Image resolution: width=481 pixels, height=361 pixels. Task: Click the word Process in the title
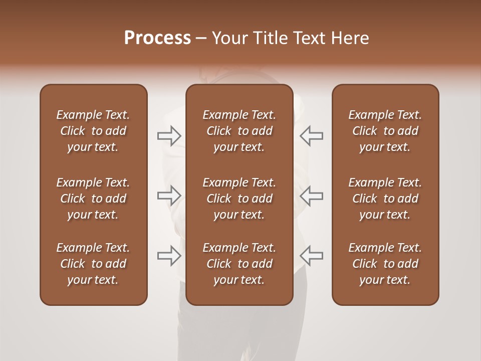pos(157,38)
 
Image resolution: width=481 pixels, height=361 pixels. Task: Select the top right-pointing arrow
pos(169,136)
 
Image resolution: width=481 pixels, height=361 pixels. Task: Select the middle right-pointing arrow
pos(169,196)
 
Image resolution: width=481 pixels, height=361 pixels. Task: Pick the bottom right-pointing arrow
pos(169,255)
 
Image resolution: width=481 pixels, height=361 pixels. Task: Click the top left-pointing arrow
pos(312,136)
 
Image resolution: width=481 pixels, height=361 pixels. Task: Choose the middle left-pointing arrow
pos(312,196)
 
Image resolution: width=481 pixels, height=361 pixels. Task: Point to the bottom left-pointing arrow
pos(312,255)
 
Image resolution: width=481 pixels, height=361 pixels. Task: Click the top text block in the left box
pos(93,131)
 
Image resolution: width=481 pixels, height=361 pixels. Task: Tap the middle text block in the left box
pos(93,199)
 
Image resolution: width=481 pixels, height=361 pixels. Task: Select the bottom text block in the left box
pos(93,264)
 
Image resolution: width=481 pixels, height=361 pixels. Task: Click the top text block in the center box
pos(239,131)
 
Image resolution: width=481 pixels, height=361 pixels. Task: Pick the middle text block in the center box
pos(239,199)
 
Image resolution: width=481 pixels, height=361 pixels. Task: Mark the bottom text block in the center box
pos(239,264)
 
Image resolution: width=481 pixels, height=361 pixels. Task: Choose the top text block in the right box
pos(385,131)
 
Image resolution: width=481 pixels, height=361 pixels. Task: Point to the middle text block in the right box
pos(385,199)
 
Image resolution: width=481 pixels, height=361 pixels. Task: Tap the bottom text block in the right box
pos(385,264)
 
